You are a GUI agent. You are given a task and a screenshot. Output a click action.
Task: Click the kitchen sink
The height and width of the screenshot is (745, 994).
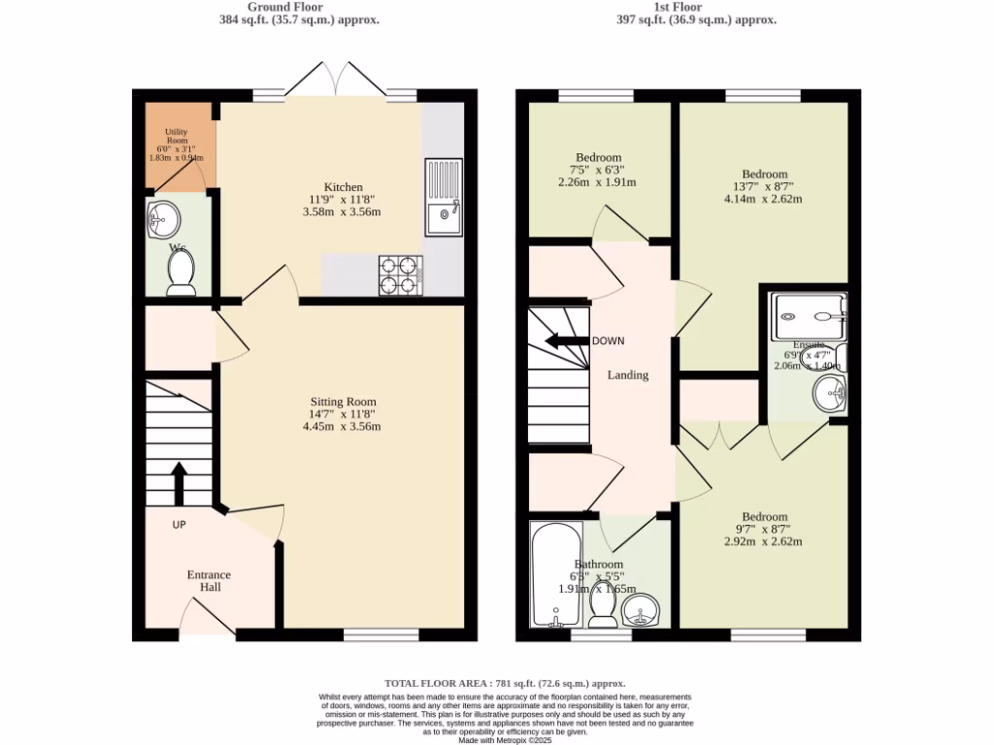pyautogui.click(x=444, y=198)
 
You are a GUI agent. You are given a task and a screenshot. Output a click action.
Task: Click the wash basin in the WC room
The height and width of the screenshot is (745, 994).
pyautogui.click(x=161, y=218)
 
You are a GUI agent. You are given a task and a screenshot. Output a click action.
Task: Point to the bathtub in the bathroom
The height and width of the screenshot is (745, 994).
pyautogui.click(x=556, y=575)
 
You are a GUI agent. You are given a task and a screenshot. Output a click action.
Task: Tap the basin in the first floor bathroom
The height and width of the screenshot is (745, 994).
pyautogui.click(x=641, y=610)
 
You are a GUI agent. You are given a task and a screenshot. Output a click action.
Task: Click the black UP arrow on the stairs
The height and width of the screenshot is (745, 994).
pyautogui.click(x=180, y=483)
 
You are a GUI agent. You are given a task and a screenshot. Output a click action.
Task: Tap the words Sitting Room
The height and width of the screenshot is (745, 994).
pyautogui.click(x=343, y=402)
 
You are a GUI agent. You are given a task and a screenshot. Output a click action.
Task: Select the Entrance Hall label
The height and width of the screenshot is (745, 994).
pyautogui.click(x=209, y=581)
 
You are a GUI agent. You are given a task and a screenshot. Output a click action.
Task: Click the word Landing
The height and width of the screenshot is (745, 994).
pyautogui.click(x=628, y=374)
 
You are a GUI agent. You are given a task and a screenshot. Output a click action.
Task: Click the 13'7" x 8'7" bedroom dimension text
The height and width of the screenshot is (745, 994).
pyautogui.click(x=763, y=186)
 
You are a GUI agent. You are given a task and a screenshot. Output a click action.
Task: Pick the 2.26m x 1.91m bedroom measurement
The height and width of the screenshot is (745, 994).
pyautogui.click(x=598, y=182)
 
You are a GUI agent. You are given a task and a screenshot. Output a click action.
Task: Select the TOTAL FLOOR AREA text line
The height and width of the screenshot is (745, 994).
pyautogui.click(x=505, y=683)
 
